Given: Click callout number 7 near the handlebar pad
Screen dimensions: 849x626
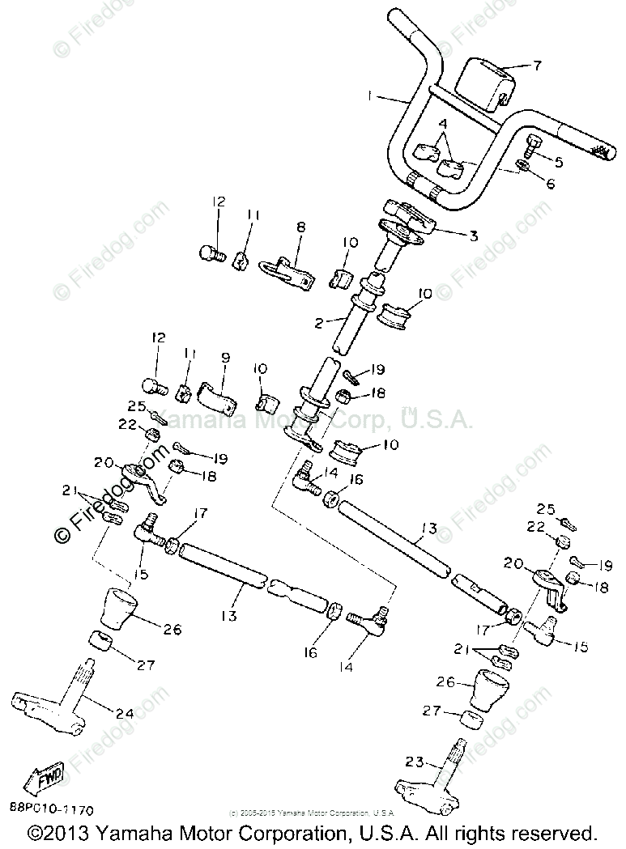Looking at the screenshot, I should [536, 66].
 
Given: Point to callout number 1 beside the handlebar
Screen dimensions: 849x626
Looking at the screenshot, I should [370, 96].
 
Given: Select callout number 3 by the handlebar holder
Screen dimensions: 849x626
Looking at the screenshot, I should [474, 236].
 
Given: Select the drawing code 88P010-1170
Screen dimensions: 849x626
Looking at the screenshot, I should [52, 809].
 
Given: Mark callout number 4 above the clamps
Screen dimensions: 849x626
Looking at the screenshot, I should [442, 124].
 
